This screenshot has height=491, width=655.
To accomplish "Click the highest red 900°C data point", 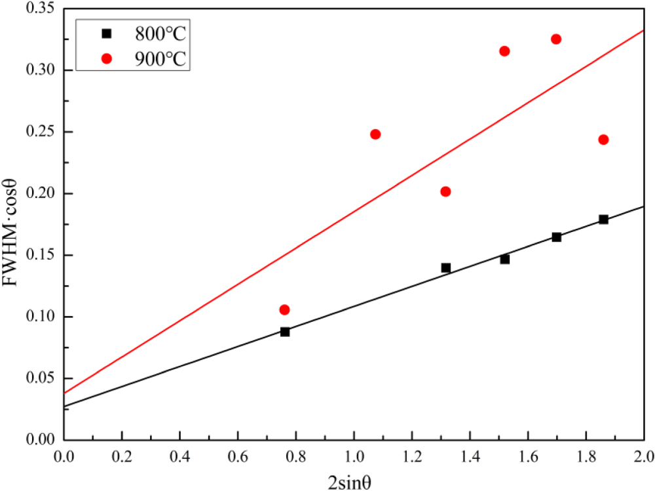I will coord(556,39).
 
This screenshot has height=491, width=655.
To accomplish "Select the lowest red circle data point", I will coord(284,309).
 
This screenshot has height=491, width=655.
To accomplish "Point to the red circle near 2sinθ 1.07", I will coord(375,134).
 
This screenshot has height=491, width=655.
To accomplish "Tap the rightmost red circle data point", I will coord(603,140).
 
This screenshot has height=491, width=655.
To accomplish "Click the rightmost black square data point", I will coord(603,219).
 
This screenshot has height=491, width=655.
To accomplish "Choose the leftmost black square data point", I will coord(285,332).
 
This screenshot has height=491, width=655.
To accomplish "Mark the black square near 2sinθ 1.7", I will coord(556,237).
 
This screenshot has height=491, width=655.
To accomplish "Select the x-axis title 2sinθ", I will coord(354,480).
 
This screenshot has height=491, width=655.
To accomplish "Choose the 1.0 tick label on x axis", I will coord(354,454).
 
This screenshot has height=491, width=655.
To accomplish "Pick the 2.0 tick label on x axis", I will coord(643,454).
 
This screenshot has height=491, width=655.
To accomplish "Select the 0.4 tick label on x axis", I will coord(180,454).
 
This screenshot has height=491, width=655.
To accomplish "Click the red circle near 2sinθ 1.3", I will coord(445,191).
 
